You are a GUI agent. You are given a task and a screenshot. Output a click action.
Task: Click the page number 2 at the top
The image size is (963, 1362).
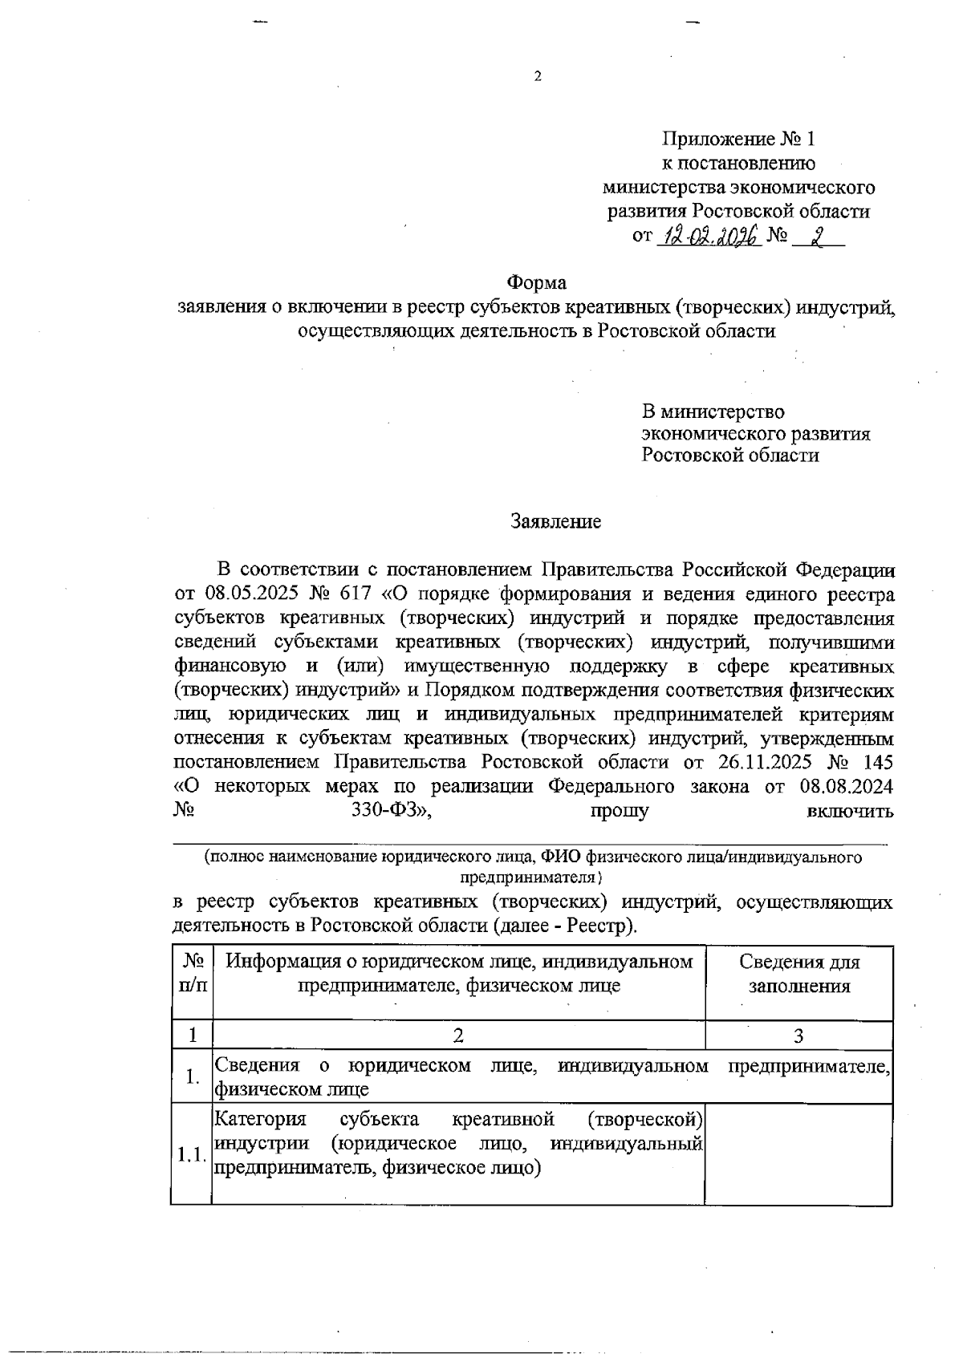538,77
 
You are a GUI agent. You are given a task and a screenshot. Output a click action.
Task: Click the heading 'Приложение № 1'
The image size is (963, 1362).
737,139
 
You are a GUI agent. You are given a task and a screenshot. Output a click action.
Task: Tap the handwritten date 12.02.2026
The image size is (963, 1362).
709,237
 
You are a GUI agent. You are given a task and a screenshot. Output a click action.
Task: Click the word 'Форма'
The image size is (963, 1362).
536,283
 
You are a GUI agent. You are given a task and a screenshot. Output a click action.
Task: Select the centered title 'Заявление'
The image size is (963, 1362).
556,522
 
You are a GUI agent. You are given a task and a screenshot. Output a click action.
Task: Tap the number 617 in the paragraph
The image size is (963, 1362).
349,594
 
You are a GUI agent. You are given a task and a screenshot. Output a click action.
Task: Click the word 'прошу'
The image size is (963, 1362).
620,810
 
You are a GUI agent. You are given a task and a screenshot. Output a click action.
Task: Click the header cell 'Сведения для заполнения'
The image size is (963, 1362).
798,974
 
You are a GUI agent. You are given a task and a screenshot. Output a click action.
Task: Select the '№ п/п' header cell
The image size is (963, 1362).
192,974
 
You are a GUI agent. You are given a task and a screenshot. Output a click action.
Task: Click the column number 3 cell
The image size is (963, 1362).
798,1036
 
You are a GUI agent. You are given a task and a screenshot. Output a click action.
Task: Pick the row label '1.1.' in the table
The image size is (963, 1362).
191,1156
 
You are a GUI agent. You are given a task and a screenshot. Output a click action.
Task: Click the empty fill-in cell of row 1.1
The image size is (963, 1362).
798,1154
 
